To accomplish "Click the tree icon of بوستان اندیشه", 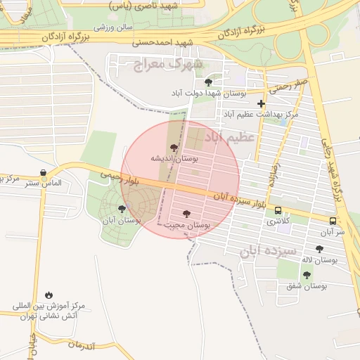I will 174,148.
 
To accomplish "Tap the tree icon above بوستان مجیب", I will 186,213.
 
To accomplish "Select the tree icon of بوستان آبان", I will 122,209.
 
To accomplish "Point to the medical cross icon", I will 261,103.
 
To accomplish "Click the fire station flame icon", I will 49,295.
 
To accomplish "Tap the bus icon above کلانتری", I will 278,210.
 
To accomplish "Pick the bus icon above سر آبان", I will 333,220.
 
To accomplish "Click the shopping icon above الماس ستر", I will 44,172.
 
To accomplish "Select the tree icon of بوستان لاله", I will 319,249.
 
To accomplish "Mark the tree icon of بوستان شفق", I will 306,275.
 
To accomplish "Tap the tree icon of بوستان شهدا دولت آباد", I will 207,82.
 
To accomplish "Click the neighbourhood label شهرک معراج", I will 167,65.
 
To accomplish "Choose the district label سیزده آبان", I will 270,250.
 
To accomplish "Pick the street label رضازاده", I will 271,175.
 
